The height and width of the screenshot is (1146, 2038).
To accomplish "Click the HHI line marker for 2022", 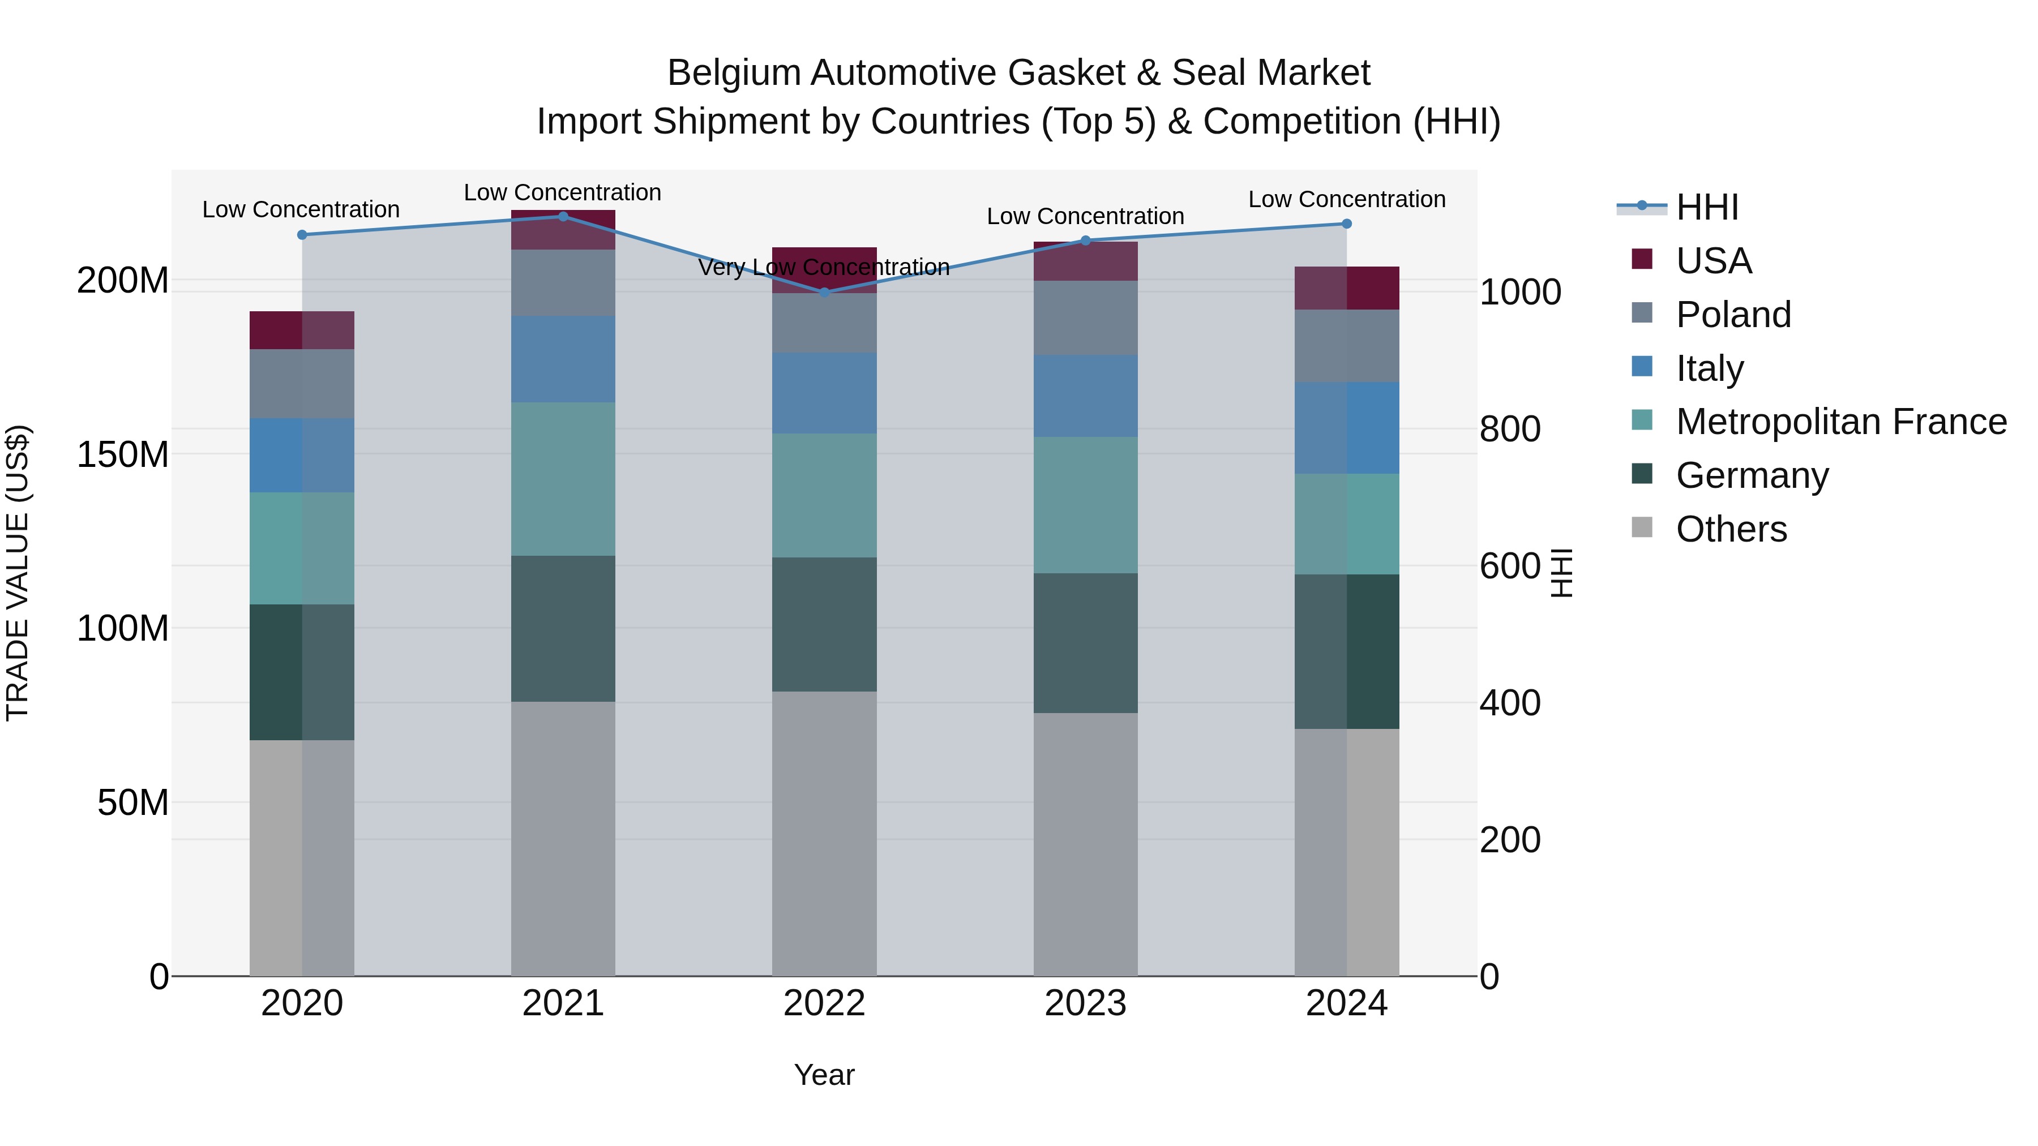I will coord(824,293).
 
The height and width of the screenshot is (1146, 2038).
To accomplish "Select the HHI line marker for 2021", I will coord(563,217).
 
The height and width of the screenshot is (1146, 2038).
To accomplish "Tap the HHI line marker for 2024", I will coord(1347,224).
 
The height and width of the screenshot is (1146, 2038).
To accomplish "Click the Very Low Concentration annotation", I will coord(824,267).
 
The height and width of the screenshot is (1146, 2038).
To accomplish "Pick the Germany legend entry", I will coord(1752,475).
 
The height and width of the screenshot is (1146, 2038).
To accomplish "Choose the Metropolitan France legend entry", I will coord(1840,422).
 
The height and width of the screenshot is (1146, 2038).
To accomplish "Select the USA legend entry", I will coord(1713,261).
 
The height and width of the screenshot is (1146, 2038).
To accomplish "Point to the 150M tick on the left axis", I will coord(123,455).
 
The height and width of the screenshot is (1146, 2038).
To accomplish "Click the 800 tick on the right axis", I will coord(1509,430).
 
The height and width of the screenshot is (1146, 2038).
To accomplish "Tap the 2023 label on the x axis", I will coord(1085,1003).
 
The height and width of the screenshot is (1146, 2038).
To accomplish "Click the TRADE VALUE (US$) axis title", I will coord(18,573).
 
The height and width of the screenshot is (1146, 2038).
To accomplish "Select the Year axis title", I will coord(824,1075).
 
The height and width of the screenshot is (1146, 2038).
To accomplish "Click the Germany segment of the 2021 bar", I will coord(563,629).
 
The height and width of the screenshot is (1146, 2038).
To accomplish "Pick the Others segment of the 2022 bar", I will coord(824,834).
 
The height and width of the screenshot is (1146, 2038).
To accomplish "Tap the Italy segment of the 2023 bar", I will coord(1085,396).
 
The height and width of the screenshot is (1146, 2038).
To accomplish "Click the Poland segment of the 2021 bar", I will coord(563,283).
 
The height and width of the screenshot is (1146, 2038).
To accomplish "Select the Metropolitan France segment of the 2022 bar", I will coord(824,495).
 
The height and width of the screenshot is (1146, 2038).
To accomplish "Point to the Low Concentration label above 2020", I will coord(301,209).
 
